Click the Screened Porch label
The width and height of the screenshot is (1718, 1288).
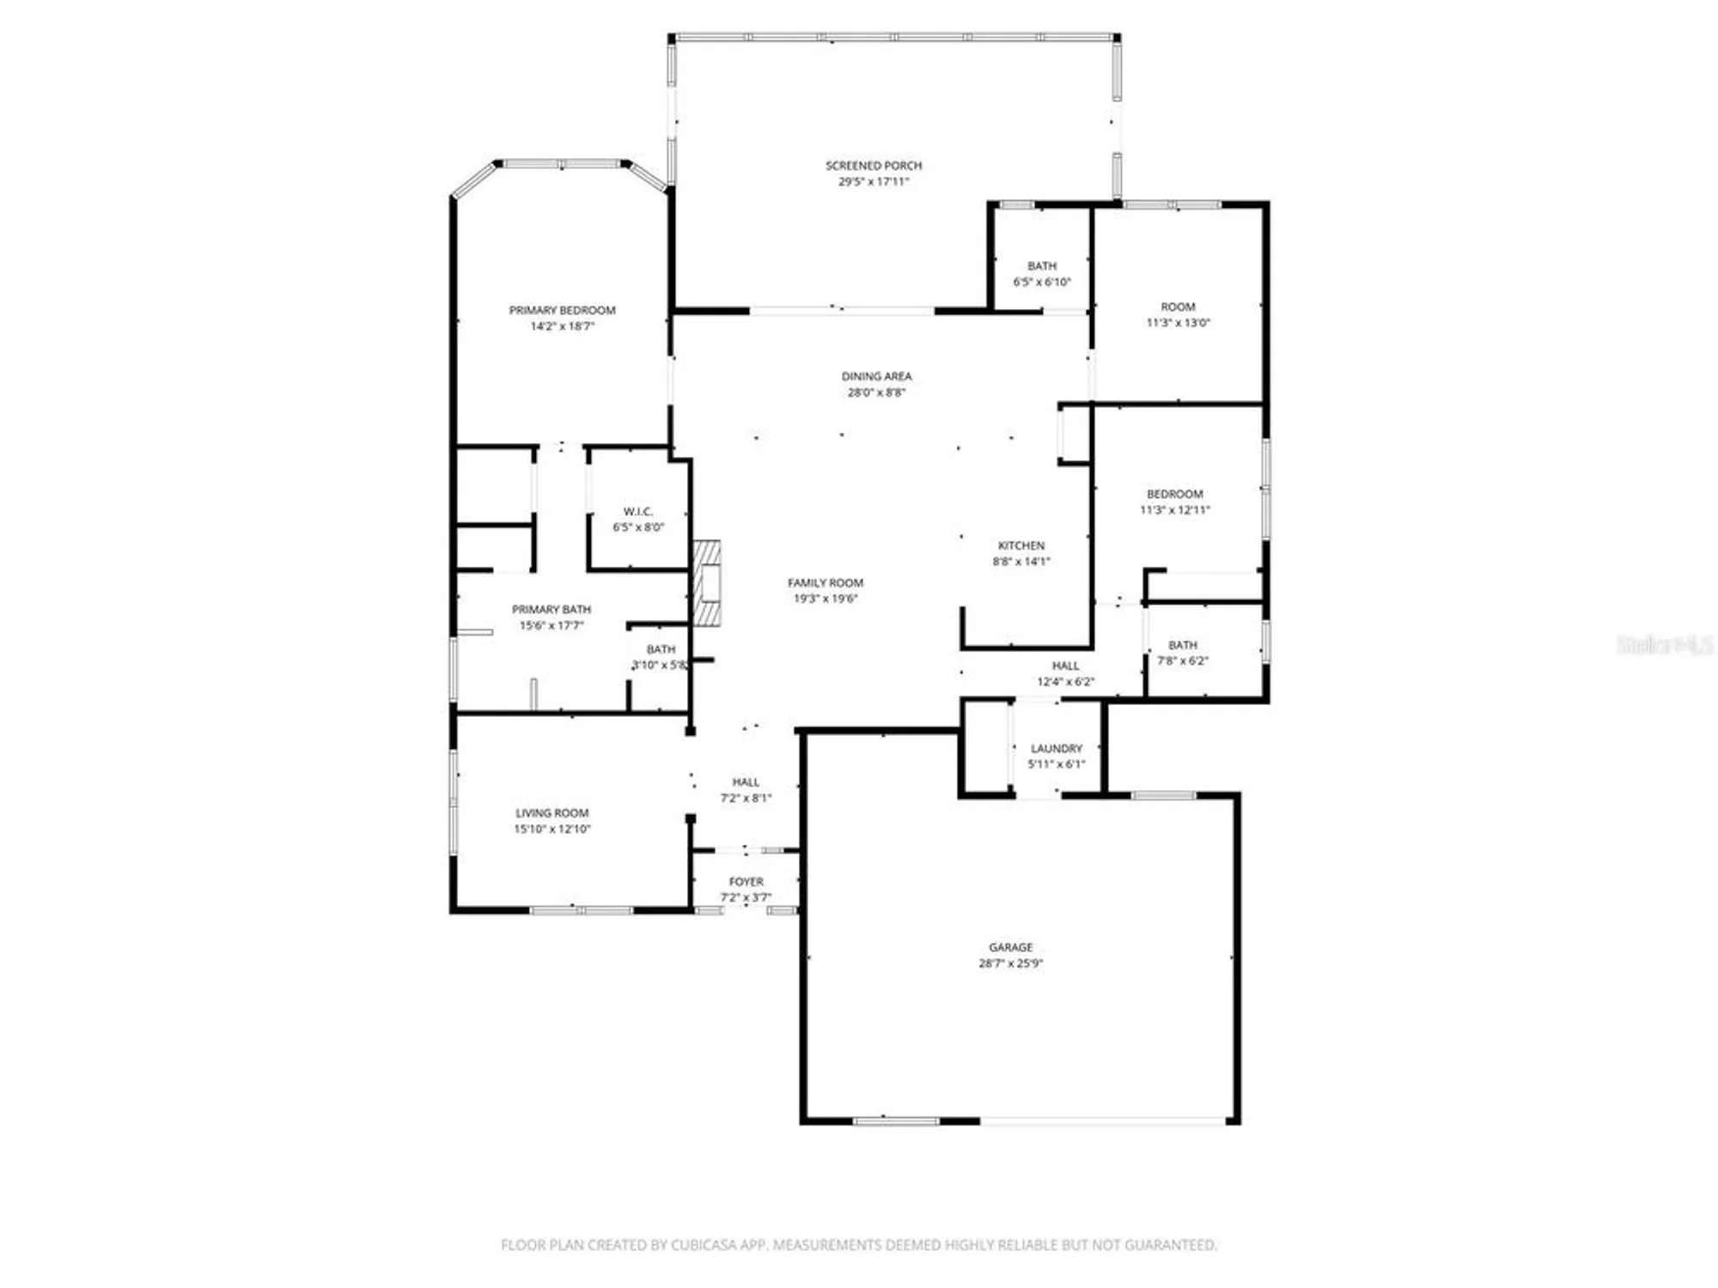click(x=874, y=165)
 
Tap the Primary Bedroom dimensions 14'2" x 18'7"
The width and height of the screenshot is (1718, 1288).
click(x=562, y=326)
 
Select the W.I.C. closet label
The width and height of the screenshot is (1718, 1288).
click(x=637, y=511)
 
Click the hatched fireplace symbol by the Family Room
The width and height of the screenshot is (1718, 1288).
click(x=707, y=583)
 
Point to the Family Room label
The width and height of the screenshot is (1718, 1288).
click(x=825, y=582)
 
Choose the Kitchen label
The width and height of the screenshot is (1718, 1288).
click(x=1020, y=545)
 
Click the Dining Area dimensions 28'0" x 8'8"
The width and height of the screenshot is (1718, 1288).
click(x=876, y=392)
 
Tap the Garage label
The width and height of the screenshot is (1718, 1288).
click(x=1010, y=947)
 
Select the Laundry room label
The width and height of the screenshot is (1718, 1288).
click(x=1056, y=748)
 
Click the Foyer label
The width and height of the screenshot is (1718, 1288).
click(x=746, y=881)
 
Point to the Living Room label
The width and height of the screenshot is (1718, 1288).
click(x=551, y=812)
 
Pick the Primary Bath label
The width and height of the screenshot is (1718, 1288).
click(x=551, y=609)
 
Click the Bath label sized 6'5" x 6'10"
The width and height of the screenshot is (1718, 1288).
click(x=1041, y=266)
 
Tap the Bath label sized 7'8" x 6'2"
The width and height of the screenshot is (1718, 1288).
click(x=1182, y=645)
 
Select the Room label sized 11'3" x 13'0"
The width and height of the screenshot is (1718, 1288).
click(x=1178, y=307)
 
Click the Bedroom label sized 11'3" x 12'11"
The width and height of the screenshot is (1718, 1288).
click(x=1174, y=494)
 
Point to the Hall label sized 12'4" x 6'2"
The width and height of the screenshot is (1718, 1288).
click(x=1065, y=665)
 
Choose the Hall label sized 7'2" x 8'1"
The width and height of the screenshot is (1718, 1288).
click(x=746, y=781)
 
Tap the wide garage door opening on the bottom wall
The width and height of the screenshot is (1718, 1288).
click(x=1103, y=1121)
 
